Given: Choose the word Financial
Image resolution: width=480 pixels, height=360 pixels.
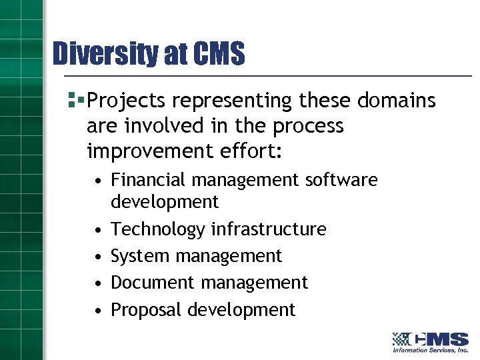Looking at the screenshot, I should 149,180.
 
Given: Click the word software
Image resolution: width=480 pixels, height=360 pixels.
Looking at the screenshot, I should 341,180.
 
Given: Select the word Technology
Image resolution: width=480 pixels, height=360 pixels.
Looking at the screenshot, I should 157,229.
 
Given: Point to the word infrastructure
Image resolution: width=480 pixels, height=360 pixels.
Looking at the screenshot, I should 269,229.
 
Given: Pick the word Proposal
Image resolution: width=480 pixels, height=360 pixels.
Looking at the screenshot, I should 147,310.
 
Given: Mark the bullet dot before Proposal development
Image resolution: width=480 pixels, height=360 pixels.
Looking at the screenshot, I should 97,311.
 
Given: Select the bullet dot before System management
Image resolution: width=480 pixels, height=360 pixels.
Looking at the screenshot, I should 97,257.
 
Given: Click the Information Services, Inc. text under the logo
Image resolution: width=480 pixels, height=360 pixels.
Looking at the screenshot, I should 431,350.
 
